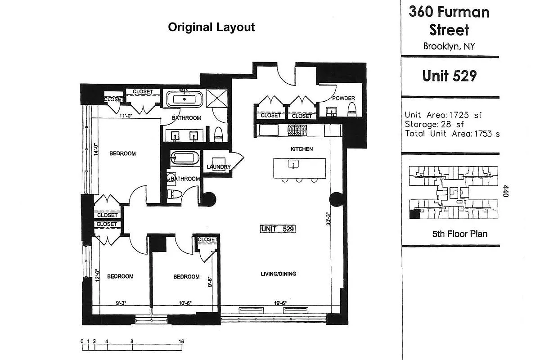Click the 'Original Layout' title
coord(211,27)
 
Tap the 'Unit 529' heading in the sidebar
coord(449,76)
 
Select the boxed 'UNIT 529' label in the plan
coord(278,229)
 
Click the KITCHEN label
coord(301,149)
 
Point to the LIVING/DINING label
coord(279,274)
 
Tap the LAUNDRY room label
coord(219,167)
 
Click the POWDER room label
coord(343,99)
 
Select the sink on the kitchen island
coord(293,164)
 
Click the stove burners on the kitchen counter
coord(297,130)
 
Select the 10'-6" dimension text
coord(184,303)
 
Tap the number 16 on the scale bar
coord(181,342)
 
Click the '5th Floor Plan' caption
coord(459,234)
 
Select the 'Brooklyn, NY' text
coord(449,46)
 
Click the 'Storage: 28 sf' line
coord(434,124)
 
